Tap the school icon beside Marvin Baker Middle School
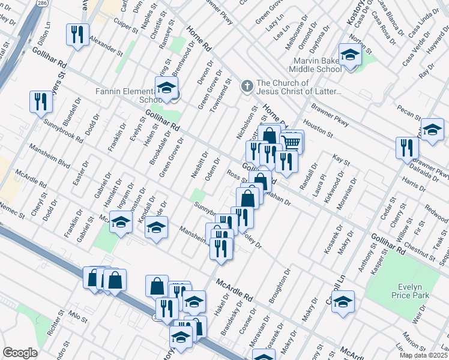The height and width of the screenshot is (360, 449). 349,55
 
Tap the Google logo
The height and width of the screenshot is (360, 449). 20,353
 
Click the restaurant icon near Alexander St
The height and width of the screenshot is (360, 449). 77,35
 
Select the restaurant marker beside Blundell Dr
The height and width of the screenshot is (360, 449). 40,101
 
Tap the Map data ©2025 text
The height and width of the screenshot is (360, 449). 424,355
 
